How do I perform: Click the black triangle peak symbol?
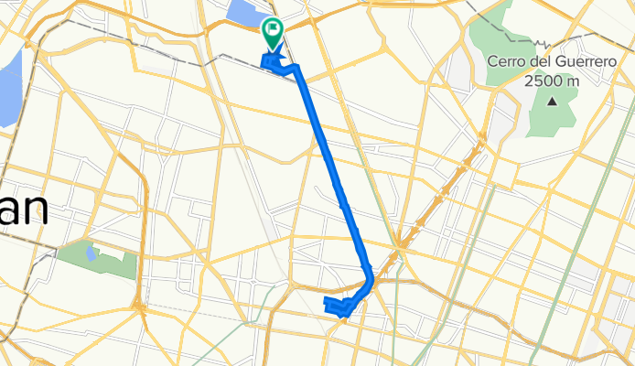click(x=552, y=101)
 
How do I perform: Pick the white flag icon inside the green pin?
click(x=273, y=29)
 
